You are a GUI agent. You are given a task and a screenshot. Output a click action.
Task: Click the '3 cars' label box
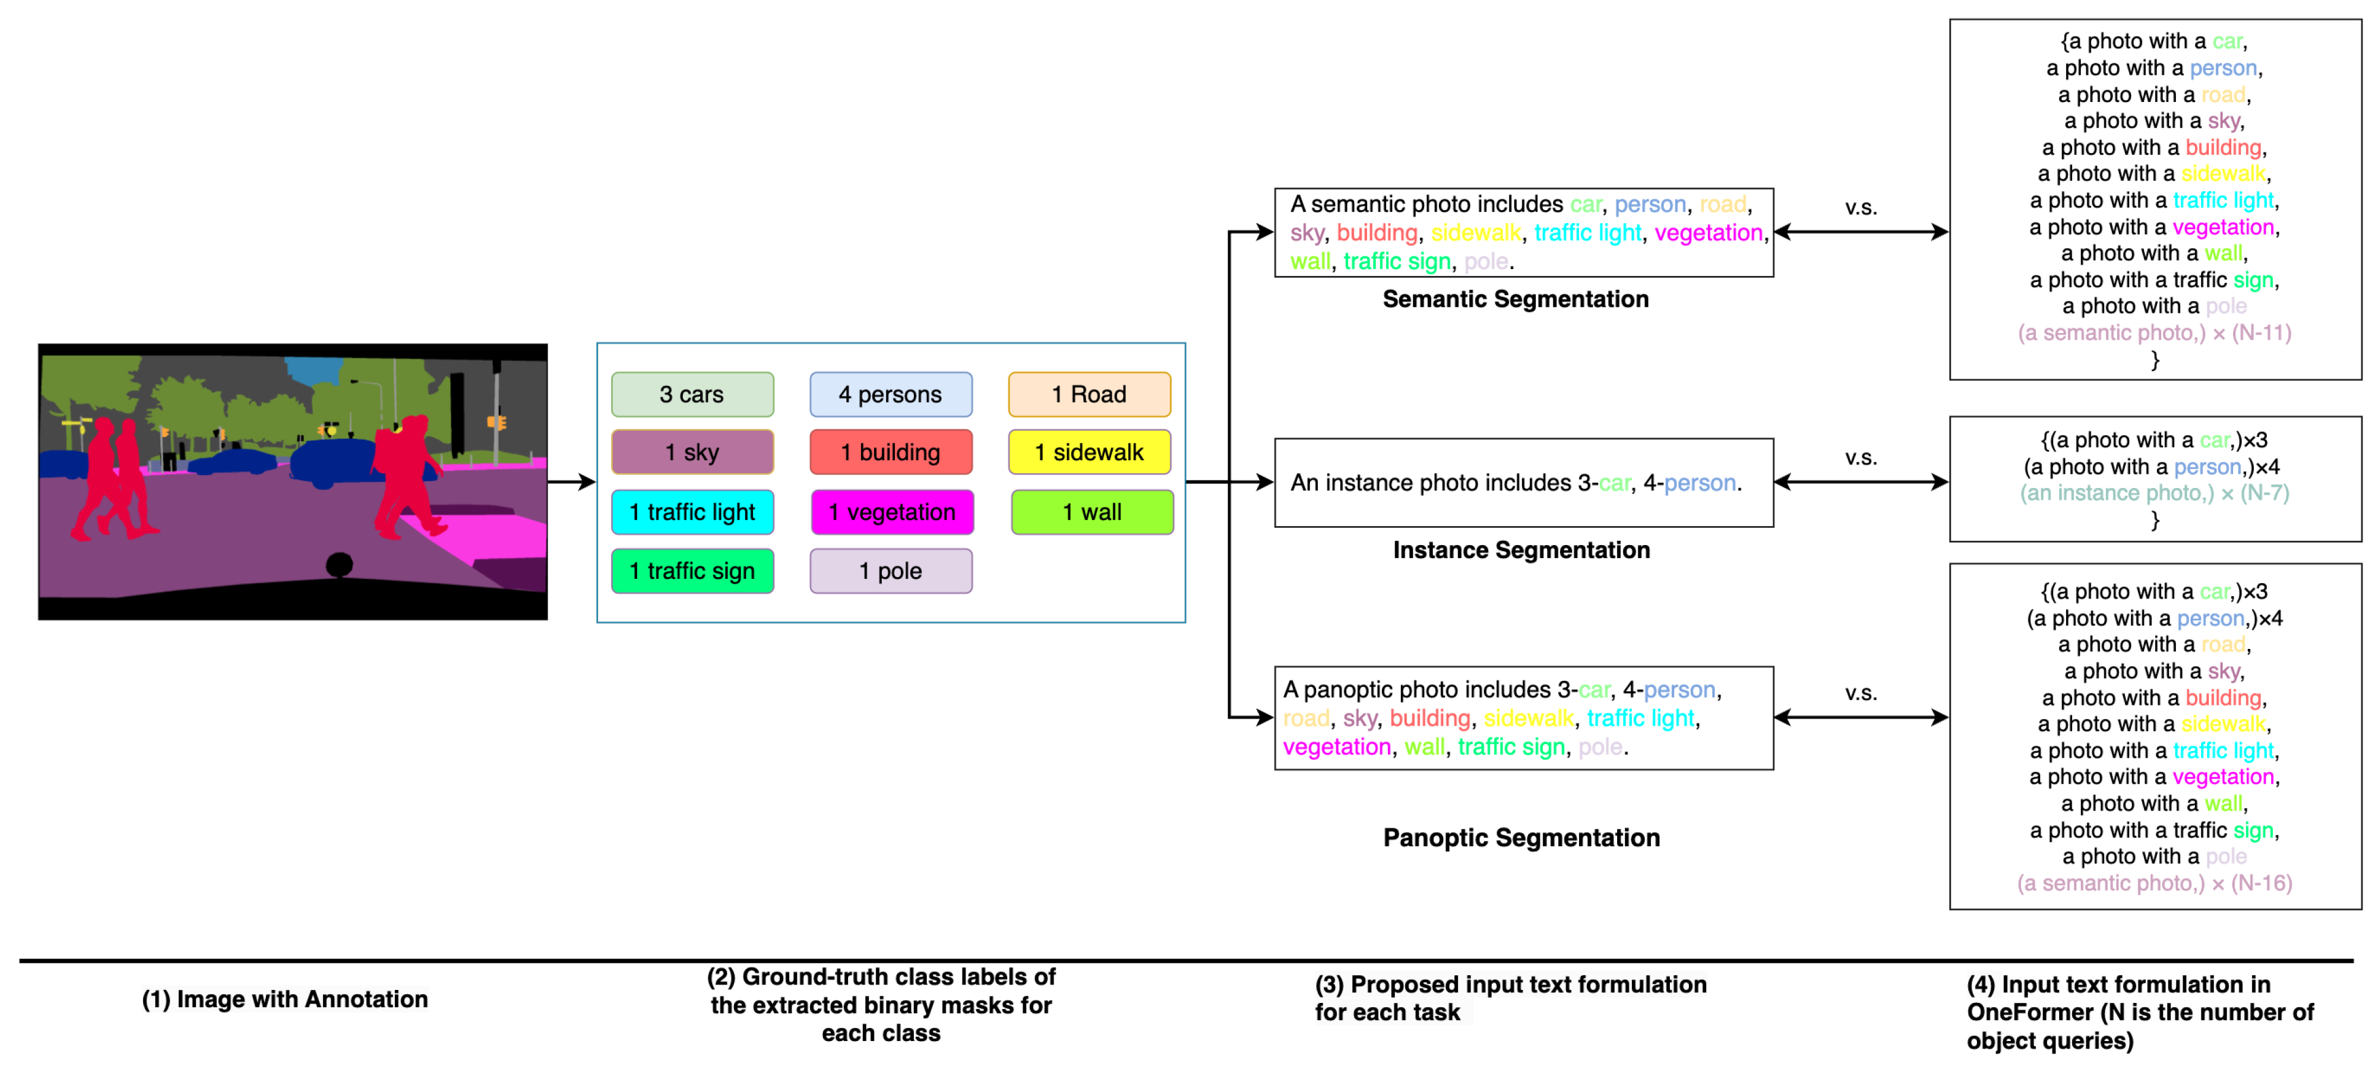(x=692, y=395)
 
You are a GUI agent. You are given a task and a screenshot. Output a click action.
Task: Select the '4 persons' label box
(x=890, y=395)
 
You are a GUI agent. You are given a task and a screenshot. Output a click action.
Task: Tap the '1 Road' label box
(x=1090, y=395)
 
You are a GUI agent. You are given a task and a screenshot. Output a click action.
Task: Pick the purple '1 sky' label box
(x=692, y=452)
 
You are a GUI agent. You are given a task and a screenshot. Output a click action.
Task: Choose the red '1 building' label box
(x=890, y=452)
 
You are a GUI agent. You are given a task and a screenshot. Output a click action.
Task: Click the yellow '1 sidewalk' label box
(x=1090, y=452)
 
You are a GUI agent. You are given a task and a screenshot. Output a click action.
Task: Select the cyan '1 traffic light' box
(x=692, y=512)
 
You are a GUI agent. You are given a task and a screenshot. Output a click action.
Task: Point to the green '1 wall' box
(x=1092, y=512)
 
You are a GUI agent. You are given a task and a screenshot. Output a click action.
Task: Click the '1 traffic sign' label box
(x=692, y=571)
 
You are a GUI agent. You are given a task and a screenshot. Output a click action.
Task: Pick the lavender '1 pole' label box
(x=890, y=571)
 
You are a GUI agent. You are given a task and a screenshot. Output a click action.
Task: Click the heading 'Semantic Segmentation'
(x=1515, y=299)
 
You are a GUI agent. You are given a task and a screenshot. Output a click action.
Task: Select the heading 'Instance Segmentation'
(x=1521, y=551)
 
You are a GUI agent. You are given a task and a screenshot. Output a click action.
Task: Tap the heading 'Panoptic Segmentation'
(x=1521, y=838)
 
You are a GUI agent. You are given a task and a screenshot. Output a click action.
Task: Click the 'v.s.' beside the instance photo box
(x=1860, y=458)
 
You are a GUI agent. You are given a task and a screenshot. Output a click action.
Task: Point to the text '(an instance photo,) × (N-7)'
(x=2154, y=493)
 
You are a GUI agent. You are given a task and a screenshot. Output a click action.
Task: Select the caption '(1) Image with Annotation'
(x=284, y=999)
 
